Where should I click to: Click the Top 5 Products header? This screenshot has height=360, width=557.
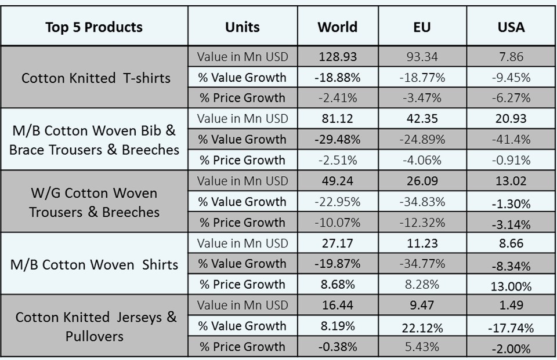pyautogui.click(x=94, y=27)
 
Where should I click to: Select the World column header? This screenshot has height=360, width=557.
pyautogui.click(x=338, y=27)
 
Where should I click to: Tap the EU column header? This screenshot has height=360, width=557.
pyautogui.click(x=422, y=27)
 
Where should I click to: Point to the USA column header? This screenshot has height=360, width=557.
pyautogui.click(x=511, y=27)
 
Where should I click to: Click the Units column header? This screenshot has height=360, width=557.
pyautogui.click(x=243, y=27)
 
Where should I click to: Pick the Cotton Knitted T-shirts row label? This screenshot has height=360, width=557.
pyautogui.click(x=96, y=78)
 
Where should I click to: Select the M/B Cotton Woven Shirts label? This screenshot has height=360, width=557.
pyautogui.click(x=94, y=264)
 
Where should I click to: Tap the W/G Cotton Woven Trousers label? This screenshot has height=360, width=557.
pyautogui.click(x=94, y=202)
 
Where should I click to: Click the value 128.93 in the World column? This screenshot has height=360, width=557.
pyautogui.click(x=338, y=57)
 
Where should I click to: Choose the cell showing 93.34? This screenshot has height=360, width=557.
pyautogui.click(x=422, y=57)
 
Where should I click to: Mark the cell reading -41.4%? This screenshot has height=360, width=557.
pyautogui.click(x=511, y=139)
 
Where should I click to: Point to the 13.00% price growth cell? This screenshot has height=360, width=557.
pyautogui.click(x=511, y=286)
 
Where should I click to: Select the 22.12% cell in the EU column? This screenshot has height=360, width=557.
pyautogui.click(x=422, y=328)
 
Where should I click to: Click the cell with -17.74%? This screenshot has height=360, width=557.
pyautogui.click(x=511, y=328)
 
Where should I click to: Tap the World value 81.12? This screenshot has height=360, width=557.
pyautogui.click(x=338, y=119)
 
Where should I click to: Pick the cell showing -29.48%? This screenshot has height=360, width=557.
pyautogui.click(x=338, y=139)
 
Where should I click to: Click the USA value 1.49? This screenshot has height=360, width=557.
pyautogui.click(x=511, y=306)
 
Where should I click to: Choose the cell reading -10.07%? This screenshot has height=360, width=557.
pyautogui.click(x=338, y=222)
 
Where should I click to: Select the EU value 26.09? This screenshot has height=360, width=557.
pyautogui.click(x=422, y=181)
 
